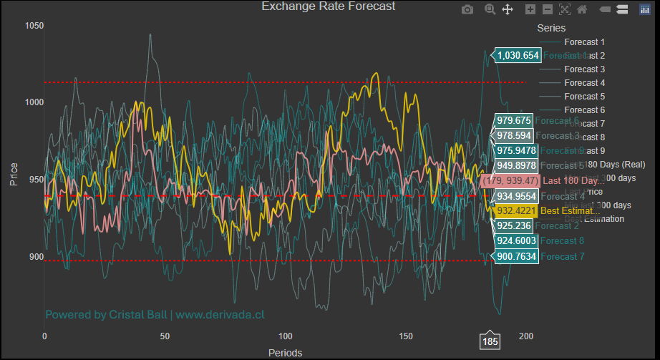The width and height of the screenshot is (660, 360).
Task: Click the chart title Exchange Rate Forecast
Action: [329, 7]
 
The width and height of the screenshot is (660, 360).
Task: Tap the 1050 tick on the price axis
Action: [34, 26]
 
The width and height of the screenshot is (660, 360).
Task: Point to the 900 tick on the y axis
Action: [35, 257]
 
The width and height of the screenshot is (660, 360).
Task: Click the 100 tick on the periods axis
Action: [286, 336]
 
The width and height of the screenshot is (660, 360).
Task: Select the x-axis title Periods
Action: [285, 353]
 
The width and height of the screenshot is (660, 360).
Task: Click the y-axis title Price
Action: [14, 173]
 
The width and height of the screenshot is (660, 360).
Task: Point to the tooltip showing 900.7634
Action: [515, 256]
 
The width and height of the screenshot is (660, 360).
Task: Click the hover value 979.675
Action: [514, 121]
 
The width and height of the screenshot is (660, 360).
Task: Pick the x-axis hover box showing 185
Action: [490, 342]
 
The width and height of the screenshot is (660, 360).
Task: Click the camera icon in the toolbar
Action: [467, 9]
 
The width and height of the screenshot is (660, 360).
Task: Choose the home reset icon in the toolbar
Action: [582, 9]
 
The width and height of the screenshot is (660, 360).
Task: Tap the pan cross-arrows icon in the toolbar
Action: [508, 9]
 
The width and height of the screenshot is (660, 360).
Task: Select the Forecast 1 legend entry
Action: [584, 42]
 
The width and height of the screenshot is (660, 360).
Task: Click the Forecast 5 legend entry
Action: [584, 97]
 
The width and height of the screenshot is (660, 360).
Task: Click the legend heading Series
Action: [551, 29]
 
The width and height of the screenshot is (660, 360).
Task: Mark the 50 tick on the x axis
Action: [165, 336]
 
